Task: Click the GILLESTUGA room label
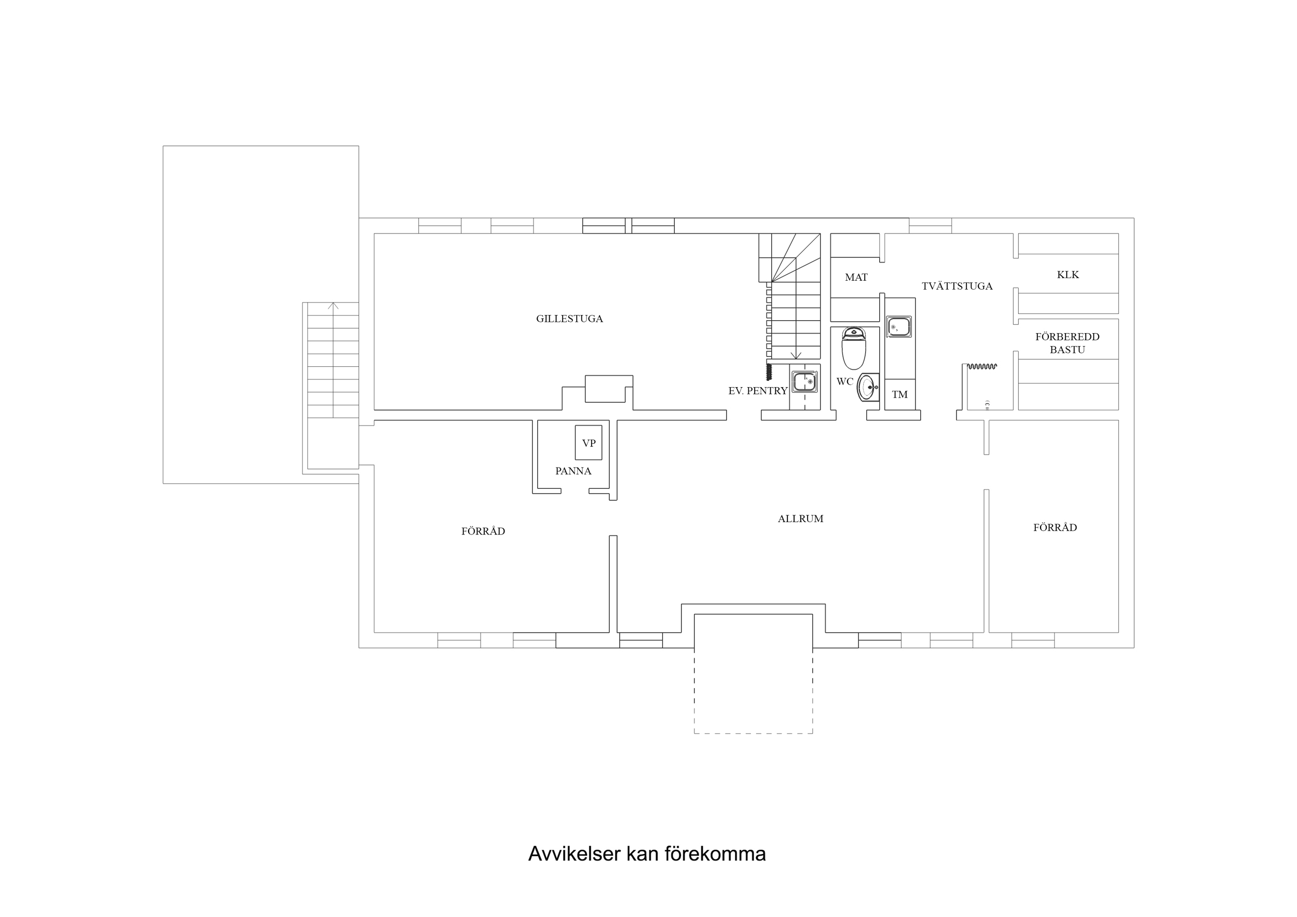[x=569, y=319]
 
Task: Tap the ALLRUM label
[x=800, y=518]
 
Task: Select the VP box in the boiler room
[x=589, y=443]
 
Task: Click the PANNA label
[x=573, y=471]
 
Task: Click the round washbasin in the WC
[x=868, y=387]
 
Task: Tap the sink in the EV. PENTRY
[x=804, y=382]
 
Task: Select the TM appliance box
[x=900, y=394]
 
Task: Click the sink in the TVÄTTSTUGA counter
[x=899, y=327]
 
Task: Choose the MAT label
[x=856, y=278]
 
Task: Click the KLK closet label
[x=1068, y=275]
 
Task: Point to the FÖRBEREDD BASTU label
[x=1067, y=343]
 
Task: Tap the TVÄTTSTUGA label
[x=957, y=286]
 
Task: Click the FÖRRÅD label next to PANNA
[x=483, y=531]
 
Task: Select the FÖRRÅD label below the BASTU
[x=1055, y=528]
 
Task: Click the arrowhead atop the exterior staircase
[x=333, y=306]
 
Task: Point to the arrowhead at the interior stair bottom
[x=796, y=356]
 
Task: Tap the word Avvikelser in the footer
[x=574, y=854]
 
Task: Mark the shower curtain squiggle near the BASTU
[x=982, y=367]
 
